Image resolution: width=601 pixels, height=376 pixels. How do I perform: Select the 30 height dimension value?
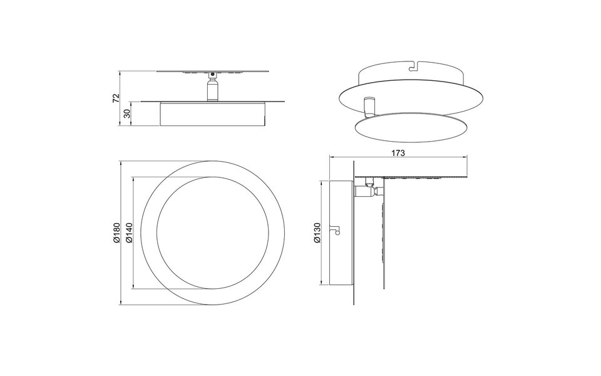click(126, 113)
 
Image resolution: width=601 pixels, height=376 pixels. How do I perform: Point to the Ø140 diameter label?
click(128, 233)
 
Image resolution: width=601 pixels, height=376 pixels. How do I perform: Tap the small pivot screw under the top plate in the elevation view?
click(213, 75)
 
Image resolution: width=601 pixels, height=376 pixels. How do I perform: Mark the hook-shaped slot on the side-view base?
click(337, 231)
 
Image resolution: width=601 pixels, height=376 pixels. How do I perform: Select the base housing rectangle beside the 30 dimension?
click(213, 115)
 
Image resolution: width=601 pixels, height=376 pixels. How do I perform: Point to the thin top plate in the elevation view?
click(213, 71)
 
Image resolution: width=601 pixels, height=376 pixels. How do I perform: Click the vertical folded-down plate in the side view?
click(383, 238)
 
